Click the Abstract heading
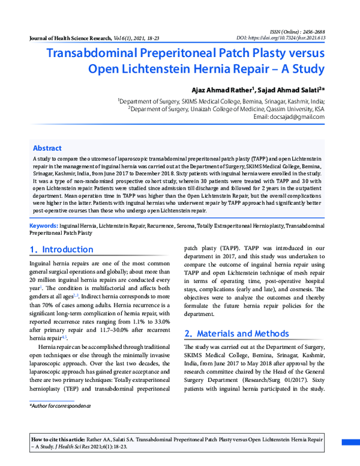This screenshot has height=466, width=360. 47,148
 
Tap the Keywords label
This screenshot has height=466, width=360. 44,225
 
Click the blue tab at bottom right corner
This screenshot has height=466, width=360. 351,443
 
